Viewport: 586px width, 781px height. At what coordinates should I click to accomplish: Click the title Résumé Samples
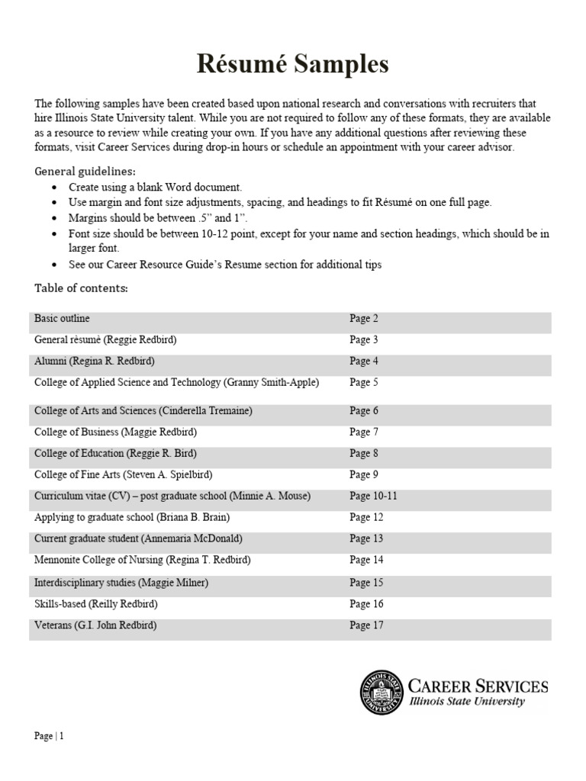293,66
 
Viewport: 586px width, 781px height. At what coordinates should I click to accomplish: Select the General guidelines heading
85,171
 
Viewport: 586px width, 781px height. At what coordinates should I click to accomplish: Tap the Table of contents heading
82,288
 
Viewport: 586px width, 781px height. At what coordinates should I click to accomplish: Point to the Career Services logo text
478,692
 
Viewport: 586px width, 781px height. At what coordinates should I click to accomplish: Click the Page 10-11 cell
373,496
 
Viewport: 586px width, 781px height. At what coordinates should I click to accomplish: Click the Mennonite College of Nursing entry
143,560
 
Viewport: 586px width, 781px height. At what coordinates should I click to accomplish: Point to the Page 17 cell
366,625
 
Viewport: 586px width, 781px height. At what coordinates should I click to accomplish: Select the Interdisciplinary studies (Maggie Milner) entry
121,583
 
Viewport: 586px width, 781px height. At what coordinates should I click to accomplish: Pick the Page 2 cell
364,318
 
